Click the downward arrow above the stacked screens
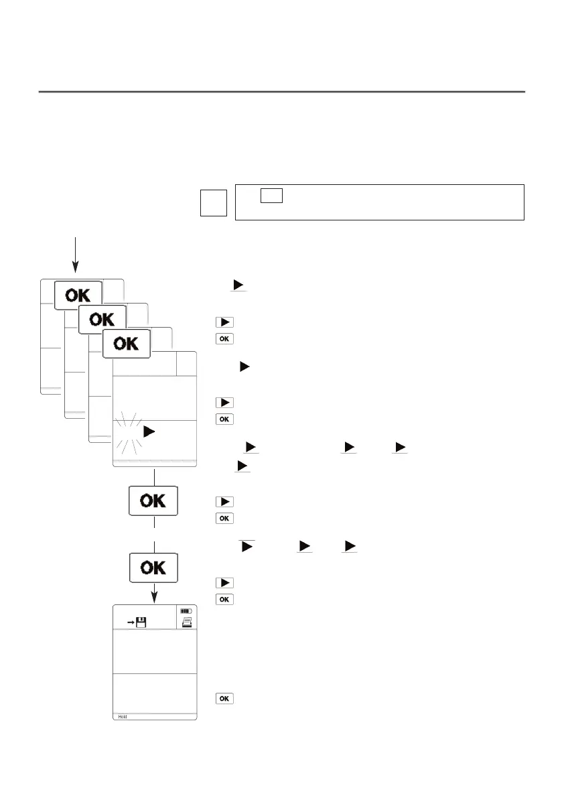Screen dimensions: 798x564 coord(76,255)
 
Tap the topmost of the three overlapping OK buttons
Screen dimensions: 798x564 coord(78,295)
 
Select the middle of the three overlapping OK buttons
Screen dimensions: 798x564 coord(102,320)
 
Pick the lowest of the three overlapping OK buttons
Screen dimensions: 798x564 coord(127,344)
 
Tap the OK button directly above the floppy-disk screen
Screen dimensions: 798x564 coord(153,568)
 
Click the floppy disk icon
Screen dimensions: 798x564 coord(141,622)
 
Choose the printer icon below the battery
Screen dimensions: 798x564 coord(187,622)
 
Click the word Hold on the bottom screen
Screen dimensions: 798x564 coord(123,717)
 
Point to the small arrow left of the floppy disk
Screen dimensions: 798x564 coord(128,622)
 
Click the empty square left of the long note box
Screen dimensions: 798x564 coord(214,203)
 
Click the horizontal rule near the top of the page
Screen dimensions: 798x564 coord(281,92)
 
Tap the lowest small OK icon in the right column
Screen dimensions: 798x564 coord(225,699)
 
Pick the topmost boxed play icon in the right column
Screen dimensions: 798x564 coord(225,322)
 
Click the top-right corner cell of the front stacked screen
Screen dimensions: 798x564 coord(186,364)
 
